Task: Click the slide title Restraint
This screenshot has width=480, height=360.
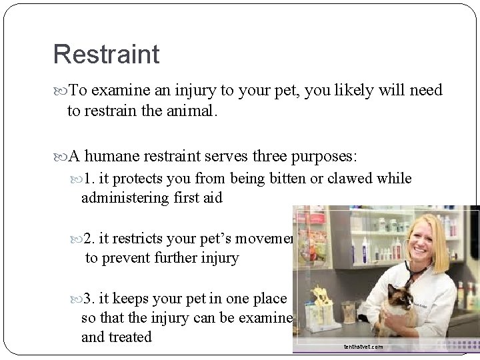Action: click(107, 55)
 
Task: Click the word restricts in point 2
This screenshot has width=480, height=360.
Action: click(141, 239)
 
